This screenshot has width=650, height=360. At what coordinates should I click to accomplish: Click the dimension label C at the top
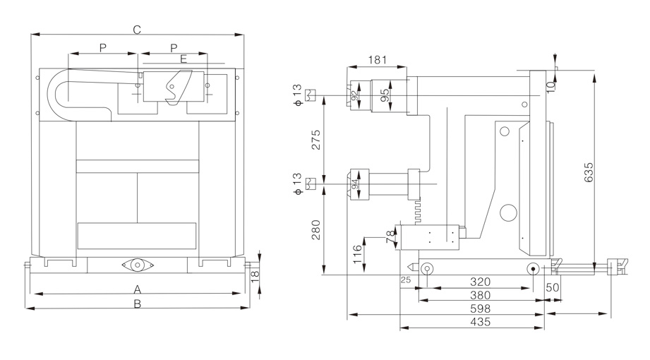pyautogui.click(x=138, y=29)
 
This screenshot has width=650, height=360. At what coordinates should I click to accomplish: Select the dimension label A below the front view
pyautogui.click(x=138, y=289)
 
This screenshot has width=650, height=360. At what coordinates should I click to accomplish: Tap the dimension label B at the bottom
pyautogui.click(x=138, y=304)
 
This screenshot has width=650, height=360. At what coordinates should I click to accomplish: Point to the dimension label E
pyautogui.click(x=183, y=59)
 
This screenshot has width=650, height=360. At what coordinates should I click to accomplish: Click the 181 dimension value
pyautogui.click(x=378, y=61)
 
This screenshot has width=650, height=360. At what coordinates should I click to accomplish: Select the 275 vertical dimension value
pyautogui.click(x=315, y=140)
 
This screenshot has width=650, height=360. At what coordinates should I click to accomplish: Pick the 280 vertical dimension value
pyautogui.click(x=315, y=231)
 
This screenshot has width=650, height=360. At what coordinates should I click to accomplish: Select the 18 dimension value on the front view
pyautogui.click(x=255, y=273)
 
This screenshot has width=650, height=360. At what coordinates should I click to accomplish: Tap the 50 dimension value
pyautogui.click(x=553, y=287)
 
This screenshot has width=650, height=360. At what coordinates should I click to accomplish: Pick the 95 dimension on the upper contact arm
pyautogui.click(x=385, y=95)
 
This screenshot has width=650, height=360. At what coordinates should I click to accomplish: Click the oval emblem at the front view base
pyautogui.click(x=138, y=265)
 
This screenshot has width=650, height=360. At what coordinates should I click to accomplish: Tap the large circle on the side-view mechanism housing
pyautogui.click(x=507, y=211)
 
